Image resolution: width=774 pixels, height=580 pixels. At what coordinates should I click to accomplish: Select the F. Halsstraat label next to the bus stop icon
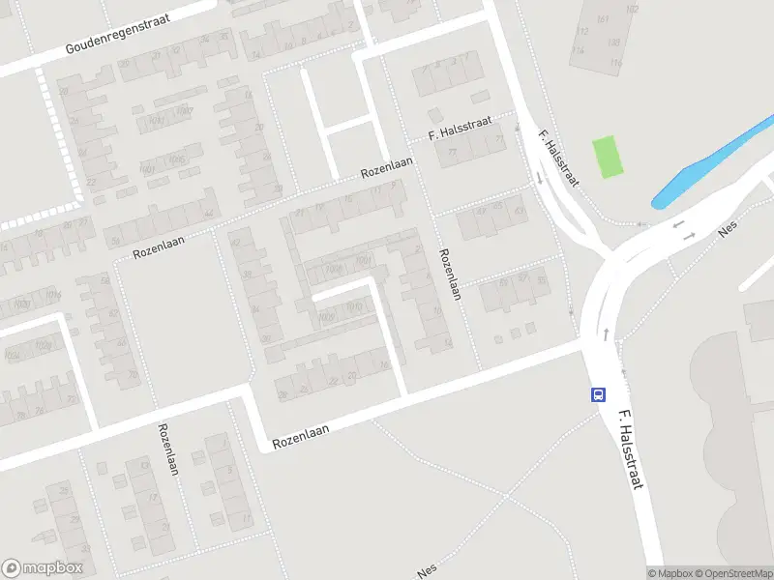tap(630, 449)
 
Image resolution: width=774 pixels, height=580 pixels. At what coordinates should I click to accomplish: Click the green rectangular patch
tap(608, 157)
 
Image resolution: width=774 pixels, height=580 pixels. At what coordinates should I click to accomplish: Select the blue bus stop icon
tap(599, 394)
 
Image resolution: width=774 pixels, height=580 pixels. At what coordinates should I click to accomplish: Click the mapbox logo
tap(43, 568)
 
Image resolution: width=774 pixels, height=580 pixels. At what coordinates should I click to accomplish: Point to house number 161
tap(604, 19)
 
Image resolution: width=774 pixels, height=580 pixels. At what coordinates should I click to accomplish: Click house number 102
tap(632, 9)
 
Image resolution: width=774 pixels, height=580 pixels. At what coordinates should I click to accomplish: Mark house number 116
tap(617, 63)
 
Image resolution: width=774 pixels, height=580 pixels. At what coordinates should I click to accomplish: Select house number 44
tap(208, 215)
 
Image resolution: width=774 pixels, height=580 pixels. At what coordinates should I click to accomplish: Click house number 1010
tap(354, 306)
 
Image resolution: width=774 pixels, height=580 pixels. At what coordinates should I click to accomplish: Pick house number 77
tap(452, 153)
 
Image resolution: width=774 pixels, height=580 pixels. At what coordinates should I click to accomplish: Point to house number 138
tap(613, 42)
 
